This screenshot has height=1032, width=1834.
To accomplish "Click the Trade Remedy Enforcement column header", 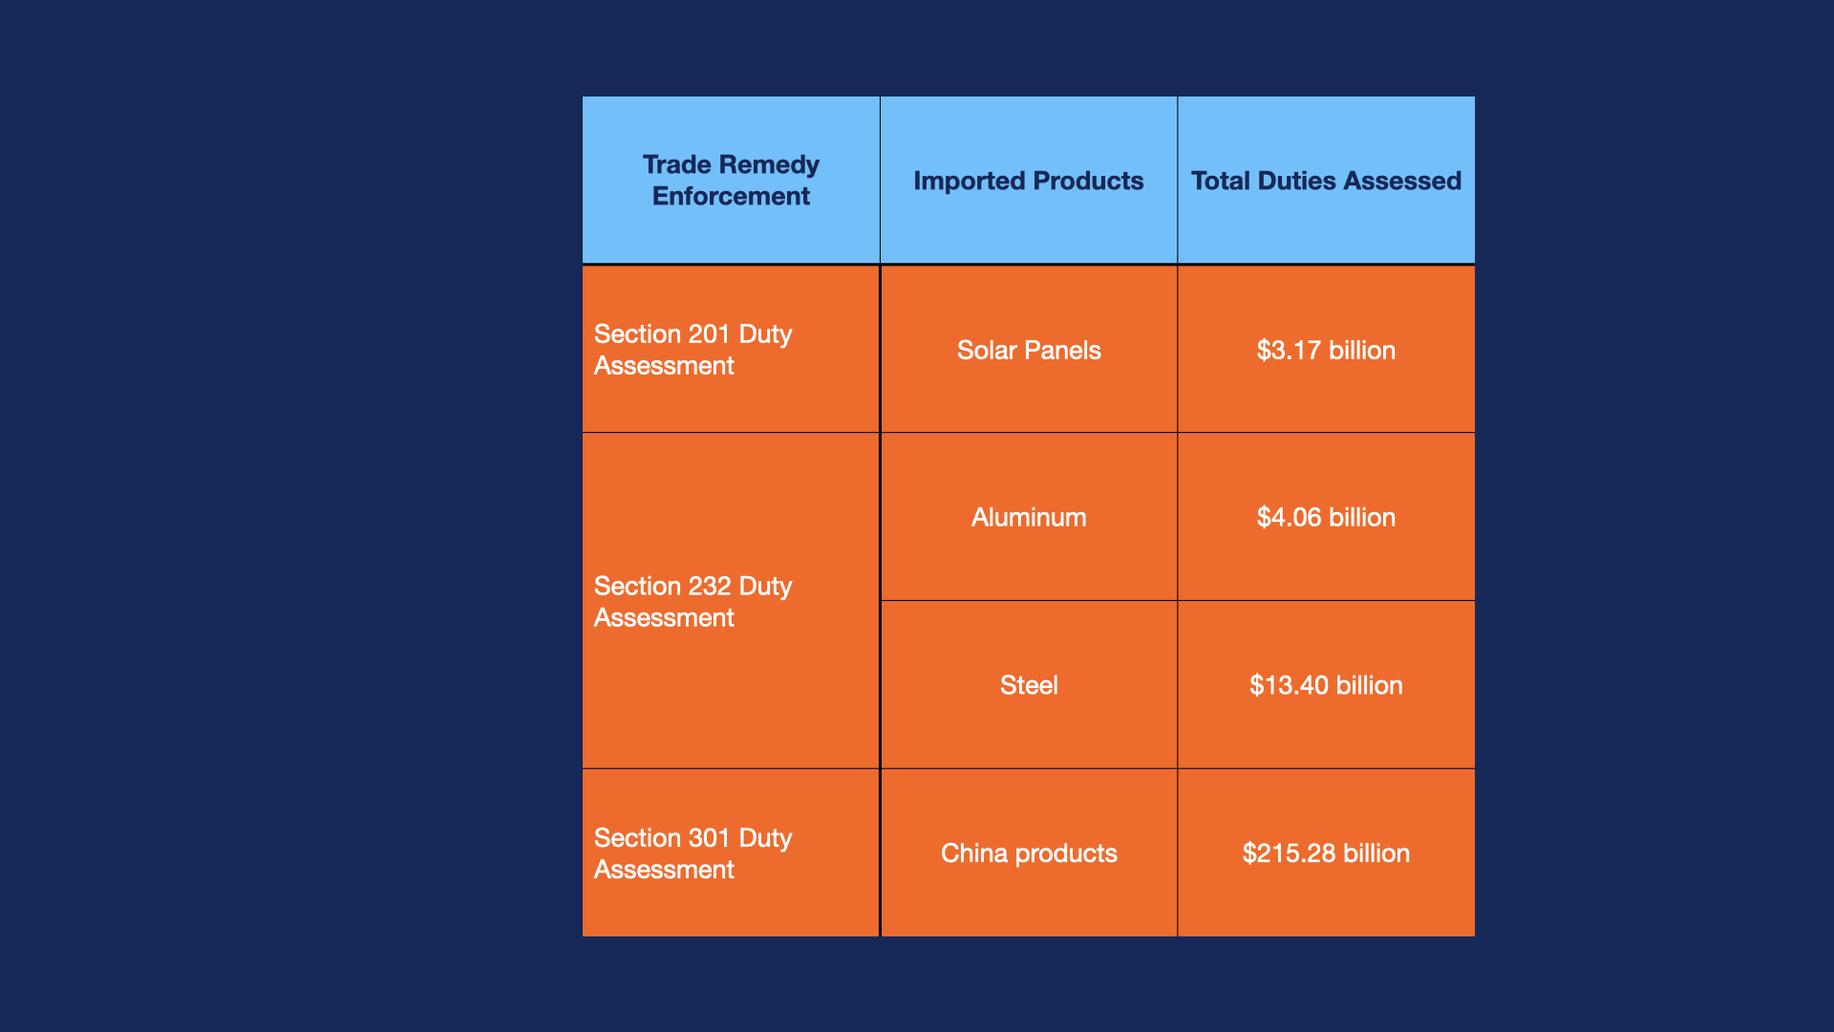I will click(x=731, y=180).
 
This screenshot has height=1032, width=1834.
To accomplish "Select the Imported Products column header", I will click(x=1028, y=181).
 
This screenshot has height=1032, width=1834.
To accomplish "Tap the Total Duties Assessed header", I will click(x=1326, y=181).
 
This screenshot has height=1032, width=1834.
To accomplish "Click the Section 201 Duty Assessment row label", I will click(x=693, y=350).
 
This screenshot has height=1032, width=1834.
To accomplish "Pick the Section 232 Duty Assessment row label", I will click(x=693, y=602).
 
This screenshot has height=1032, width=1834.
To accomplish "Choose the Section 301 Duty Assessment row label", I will click(x=693, y=853).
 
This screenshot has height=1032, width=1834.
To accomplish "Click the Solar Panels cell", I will click(x=1029, y=350).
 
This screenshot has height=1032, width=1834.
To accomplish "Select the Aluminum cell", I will click(x=1029, y=517).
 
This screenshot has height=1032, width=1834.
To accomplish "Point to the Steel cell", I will click(x=1029, y=685).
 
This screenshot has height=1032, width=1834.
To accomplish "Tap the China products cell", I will click(x=1029, y=853).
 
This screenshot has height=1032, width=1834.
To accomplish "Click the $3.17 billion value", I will click(x=1326, y=350).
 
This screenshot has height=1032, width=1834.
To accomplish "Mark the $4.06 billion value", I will click(x=1326, y=517).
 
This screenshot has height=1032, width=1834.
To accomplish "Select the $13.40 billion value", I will click(x=1326, y=685).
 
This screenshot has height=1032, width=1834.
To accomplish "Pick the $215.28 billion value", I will click(x=1326, y=853).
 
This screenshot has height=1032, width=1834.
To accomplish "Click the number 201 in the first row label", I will click(x=709, y=334).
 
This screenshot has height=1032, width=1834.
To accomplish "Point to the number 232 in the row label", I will click(x=709, y=587).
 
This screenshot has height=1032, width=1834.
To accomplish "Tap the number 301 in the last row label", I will click(x=709, y=838).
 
